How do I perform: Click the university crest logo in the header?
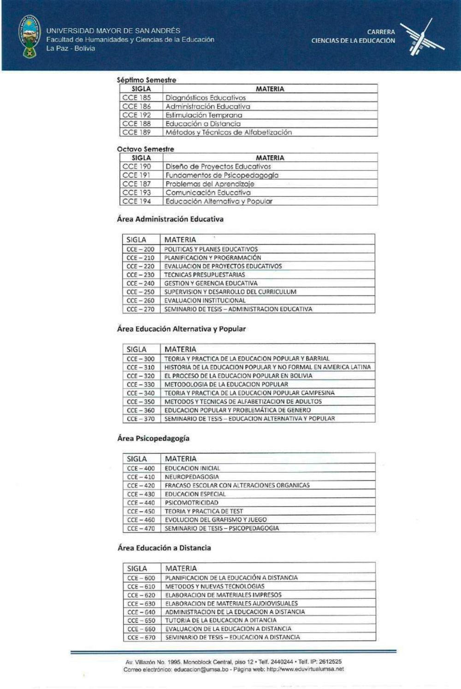click(x=29, y=36)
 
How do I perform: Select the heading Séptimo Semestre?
click(x=146, y=80)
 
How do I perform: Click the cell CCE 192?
click(x=136, y=115)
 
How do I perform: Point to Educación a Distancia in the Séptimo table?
click(x=203, y=124)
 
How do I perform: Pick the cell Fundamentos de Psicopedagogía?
click(x=222, y=175)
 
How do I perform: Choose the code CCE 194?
click(x=136, y=201)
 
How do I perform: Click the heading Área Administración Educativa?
click(x=170, y=219)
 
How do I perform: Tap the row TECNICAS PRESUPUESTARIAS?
click(x=205, y=275)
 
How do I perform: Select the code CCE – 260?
click(x=141, y=300)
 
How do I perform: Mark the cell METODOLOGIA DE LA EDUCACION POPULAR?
click(x=226, y=384)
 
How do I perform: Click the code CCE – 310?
click(x=141, y=367)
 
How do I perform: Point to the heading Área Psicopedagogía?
click(x=153, y=438)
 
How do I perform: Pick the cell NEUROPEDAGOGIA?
click(x=192, y=477)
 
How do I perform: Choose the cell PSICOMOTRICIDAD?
click(x=192, y=503)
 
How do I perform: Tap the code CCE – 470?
click(x=141, y=529)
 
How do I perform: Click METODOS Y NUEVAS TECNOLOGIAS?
click(x=215, y=586)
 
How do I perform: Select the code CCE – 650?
click(x=142, y=620)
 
